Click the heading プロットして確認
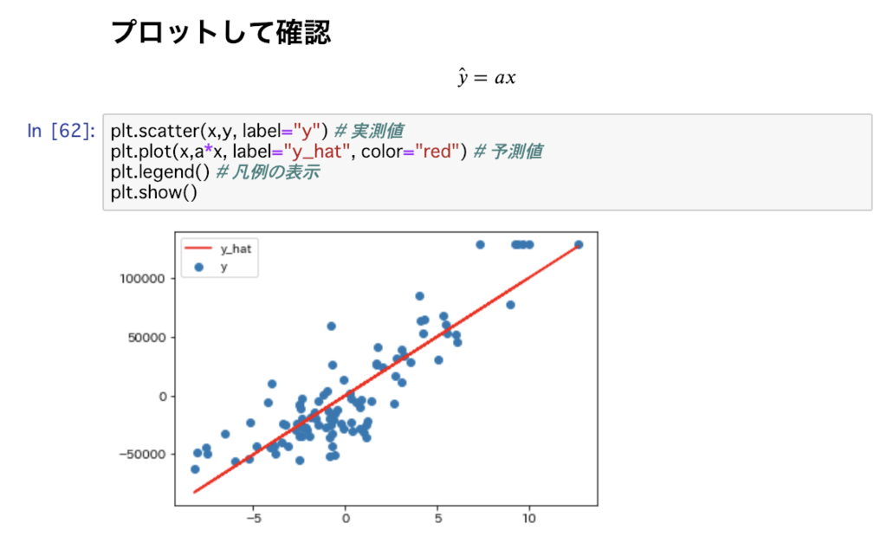[221, 32]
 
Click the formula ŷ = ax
[487, 77]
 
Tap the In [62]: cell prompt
[62, 131]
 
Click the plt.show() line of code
[154, 192]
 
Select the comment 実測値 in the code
[378, 131]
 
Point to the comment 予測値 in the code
[516, 151]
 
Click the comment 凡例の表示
[276, 172]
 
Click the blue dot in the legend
[198, 267]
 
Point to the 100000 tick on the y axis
[143, 278]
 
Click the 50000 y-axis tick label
[147, 338]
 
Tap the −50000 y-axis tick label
[143, 455]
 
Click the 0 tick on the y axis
[163, 397]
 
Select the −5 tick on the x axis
[254, 519]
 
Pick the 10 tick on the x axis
[529, 519]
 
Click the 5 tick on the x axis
[437, 519]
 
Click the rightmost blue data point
[579, 245]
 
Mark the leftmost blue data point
[195, 469]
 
